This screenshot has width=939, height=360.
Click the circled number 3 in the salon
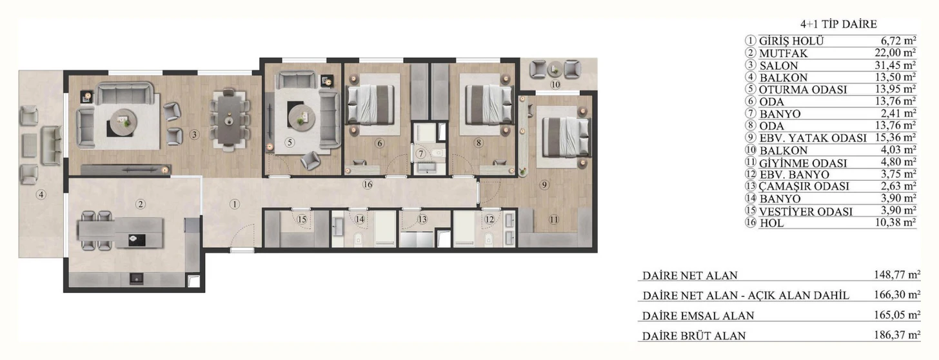pyautogui.click(x=193, y=135)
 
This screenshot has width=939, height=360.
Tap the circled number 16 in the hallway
pyautogui.click(x=368, y=185)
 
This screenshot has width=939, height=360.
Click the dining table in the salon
pyautogui.click(x=228, y=119)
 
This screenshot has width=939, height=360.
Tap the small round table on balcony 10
pyautogui.click(x=555, y=70)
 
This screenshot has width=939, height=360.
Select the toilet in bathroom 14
pyautogui.click(x=358, y=240)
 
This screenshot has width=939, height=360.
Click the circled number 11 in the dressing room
pyautogui.click(x=554, y=219)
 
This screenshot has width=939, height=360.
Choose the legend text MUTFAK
pyautogui.click(x=783, y=54)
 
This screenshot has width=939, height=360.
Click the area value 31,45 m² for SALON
pyautogui.click(x=895, y=65)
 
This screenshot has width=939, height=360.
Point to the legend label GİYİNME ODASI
pyautogui.click(x=803, y=163)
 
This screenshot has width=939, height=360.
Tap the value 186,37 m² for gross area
pyautogui.click(x=897, y=335)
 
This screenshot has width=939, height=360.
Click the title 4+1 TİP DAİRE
pyautogui.click(x=838, y=25)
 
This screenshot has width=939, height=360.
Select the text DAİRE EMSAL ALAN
pyautogui.click(x=698, y=315)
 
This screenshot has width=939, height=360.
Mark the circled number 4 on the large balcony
pyautogui.click(x=41, y=195)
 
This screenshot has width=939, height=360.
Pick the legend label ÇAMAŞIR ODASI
pyautogui.click(x=804, y=186)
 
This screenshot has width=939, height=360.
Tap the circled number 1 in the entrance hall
pyautogui.click(x=235, y=205)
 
